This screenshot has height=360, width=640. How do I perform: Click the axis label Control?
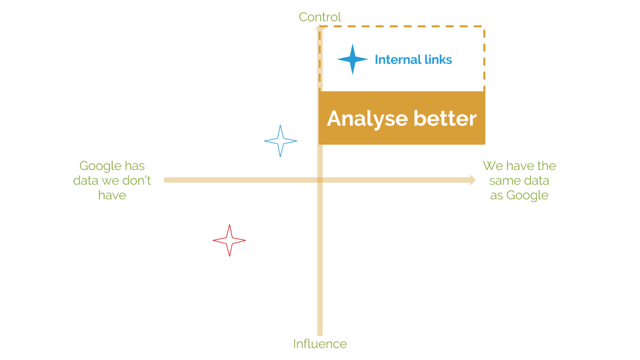pyautogui.click(x=319, y=17)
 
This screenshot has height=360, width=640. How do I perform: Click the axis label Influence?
pyautogui.click(x=320, y=344)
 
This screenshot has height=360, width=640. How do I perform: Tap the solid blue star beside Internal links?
pyautogui.click(x=353, y=59)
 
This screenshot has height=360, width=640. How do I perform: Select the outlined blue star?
pyautogui.click(x=281, y=141)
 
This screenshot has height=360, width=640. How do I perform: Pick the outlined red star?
pyautogui.click(x=229, y=241)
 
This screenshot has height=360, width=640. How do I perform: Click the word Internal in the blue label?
pyautogui.click(x=398, y=59)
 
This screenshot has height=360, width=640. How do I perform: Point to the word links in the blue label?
pyautogui.click(x=439, y=59)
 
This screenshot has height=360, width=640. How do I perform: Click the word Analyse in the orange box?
pyautogui.click(x=367, y=119)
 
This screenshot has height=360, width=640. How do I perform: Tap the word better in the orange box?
pyautogui.click(x=445, y=119)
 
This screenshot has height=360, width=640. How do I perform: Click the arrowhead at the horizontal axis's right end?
pyautogui.click(x=473, y=180)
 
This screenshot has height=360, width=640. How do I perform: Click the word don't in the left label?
pyautogui.click(x=137, y=181)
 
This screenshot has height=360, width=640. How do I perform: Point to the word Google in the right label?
pyautogui.click(x=527, y=195)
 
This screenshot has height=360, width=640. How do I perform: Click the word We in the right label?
pyautogui.click(x=493, y=166)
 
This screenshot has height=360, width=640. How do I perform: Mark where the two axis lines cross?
pyautogui.click(x=320, y=180)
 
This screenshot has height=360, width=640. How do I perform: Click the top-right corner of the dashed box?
pyautogui.click(x=484, y=27)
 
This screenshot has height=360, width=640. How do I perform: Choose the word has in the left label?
pyautogui.click(x=135, y=166)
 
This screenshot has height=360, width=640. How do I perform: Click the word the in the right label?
pyautogui.click(x=547, y=166)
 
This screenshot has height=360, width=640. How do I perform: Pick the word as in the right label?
pyautogui.click(x=497, y=196)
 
